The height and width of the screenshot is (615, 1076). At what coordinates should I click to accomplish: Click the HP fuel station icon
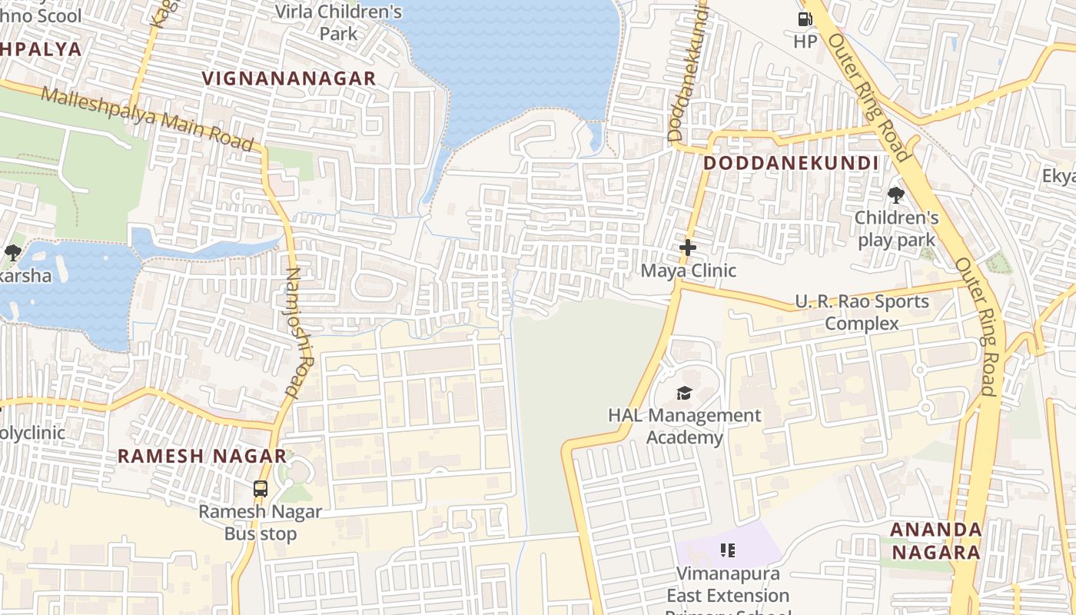805,19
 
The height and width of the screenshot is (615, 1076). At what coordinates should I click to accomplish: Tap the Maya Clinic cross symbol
687,248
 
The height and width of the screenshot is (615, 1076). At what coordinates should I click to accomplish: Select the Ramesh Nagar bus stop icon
261,488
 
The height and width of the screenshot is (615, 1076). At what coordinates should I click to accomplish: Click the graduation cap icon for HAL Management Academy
683,394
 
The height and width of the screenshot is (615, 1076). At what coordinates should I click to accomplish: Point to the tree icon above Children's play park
895,194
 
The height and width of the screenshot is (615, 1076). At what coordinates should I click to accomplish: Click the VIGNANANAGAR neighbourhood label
289,78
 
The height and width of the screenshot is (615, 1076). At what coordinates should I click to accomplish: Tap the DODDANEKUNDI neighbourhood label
791,163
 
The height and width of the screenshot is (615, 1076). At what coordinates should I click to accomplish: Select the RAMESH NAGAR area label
202,456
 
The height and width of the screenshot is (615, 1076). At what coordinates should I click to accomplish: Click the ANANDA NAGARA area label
935,540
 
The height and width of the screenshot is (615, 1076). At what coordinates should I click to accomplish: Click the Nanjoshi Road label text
301,331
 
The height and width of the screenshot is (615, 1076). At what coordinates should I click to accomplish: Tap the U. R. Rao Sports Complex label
862,312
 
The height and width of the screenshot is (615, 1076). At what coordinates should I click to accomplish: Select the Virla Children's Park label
339,22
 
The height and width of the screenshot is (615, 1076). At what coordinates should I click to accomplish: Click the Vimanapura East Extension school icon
727,550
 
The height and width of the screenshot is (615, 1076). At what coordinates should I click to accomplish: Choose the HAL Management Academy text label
684,426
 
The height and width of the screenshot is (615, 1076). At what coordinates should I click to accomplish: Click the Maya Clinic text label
688,271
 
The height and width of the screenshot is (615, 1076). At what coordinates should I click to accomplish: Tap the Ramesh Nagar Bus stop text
261,522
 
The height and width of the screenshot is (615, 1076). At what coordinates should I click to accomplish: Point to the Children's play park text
896,228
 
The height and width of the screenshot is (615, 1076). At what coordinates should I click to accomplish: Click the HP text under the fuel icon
805,42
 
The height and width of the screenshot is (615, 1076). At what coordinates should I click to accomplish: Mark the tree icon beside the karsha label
12,252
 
